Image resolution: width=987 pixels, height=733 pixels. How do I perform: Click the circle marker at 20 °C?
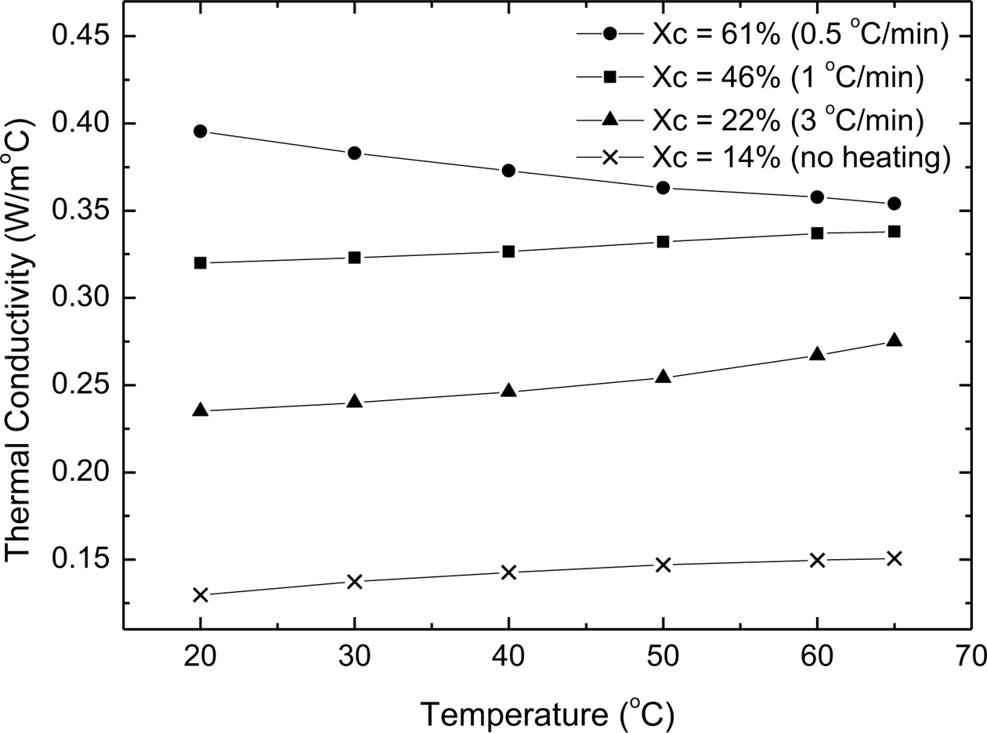pos(200,132)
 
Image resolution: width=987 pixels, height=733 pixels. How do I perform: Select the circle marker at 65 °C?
pos(894,204)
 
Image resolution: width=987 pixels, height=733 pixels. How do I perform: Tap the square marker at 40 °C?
pos(508,251)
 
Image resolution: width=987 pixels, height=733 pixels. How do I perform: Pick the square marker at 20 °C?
pos(200,263)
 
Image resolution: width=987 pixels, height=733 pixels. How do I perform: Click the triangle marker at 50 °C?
pos(663,377)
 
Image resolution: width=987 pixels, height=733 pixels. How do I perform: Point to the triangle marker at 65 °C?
pos(894,341)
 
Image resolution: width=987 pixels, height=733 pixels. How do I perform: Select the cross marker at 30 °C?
pos(354,581)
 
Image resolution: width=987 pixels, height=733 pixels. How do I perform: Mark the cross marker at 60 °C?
pos(817,560)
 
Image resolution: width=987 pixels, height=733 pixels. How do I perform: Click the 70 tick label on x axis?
pos(971,654)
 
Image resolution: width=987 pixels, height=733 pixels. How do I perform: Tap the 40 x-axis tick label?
pos(508,654)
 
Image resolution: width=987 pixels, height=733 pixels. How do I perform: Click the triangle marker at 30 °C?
pos(354,402)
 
